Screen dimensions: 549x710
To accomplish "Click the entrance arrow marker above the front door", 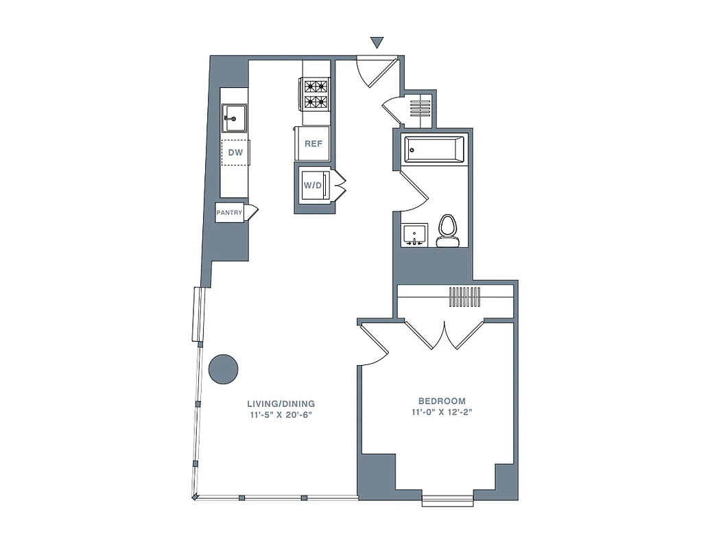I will (377, 43).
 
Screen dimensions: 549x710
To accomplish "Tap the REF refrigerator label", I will (313, 144).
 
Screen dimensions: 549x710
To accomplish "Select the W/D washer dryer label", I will (312, 185).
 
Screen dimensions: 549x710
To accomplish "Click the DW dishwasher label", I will (235, 152).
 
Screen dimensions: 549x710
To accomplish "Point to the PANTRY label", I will (229, 213).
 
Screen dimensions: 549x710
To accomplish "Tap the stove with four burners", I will (316, 95).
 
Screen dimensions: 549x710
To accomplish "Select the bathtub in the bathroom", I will (434, 149).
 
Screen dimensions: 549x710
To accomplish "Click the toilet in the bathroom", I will (447, 231).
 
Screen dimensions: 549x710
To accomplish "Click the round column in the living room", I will (223, 369).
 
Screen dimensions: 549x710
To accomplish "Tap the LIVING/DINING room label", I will (281, 404).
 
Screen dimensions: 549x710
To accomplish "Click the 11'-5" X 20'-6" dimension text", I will (281, 415).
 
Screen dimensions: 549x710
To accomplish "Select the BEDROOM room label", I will (442, 401).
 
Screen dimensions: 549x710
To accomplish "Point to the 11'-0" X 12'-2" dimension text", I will (442, 412).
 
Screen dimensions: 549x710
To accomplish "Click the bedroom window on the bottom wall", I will (447, 501).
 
